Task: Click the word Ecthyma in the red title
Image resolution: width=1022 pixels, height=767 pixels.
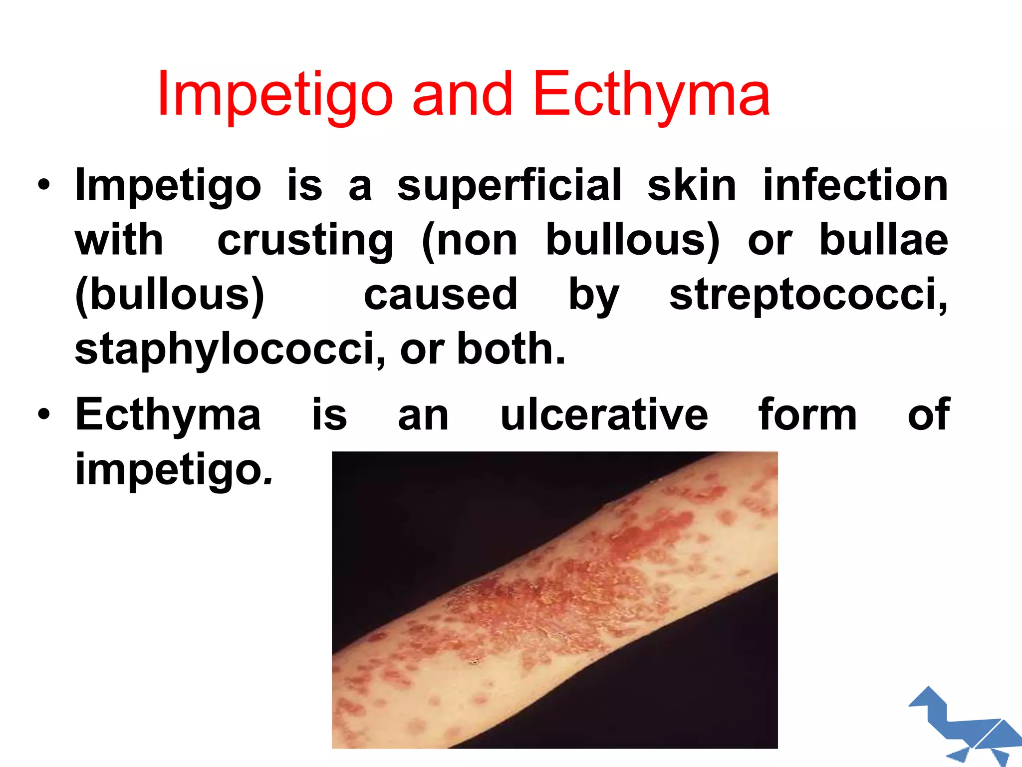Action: tap(651, 95)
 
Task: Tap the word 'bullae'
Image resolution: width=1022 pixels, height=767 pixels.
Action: tap(884, 240)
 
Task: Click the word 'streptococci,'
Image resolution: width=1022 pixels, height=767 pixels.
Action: tap(808, 295)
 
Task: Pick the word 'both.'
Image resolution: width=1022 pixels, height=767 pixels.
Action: tap(511, 349)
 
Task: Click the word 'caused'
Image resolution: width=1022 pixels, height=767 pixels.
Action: tap(441, 295)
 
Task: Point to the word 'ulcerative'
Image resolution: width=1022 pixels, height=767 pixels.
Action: tap(604, 414)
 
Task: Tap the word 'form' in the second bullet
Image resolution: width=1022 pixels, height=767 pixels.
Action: tap(807, 414)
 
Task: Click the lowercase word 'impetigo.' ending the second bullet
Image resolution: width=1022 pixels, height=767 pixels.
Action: tap(174, 469)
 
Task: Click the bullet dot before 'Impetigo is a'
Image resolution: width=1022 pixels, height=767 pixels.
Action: tap(44, 186)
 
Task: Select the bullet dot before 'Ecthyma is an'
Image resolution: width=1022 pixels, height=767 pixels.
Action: tap(44, 414)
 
